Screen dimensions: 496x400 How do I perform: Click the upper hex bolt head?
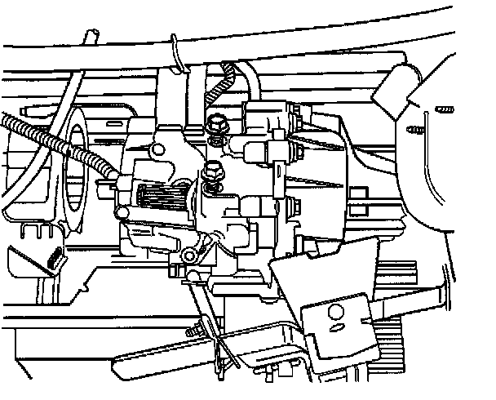click(218, 124)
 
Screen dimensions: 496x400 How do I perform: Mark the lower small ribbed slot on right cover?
click(415, 128)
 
